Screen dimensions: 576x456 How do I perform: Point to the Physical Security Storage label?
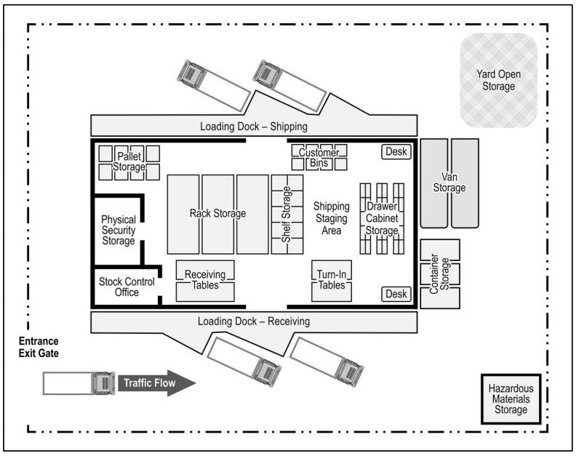pos(119,230)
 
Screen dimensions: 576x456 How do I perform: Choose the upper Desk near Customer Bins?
pos(396,152)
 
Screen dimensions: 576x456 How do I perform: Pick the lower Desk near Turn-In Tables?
pos(396,294)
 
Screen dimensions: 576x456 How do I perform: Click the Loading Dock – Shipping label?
pos(253,127)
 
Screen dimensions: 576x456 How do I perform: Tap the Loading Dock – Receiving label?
pos(255,321)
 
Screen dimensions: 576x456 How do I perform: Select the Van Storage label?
pos(449,182)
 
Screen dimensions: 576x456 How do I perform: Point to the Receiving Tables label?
pos(206,279)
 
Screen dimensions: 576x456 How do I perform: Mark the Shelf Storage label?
pos(287,214)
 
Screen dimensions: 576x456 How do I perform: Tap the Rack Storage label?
pos(217,214)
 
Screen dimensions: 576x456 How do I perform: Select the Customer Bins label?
pos(319,159)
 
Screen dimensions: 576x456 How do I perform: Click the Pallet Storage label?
pos(129,162)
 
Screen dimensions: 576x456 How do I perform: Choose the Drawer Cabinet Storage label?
pos(382,218)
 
